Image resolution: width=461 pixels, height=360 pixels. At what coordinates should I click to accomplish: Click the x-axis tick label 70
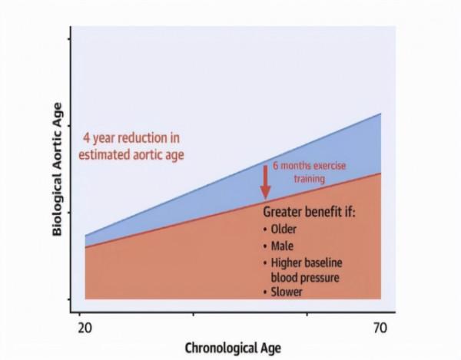[379, 328]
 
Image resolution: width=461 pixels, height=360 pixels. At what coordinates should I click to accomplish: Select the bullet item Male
[281, 246]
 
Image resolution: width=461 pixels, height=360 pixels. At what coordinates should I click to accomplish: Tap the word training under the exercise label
[307, 178]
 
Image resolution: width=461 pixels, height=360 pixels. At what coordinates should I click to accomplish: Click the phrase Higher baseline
[305, 263]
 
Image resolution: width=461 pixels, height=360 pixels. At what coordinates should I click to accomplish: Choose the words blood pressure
[305, 276]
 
